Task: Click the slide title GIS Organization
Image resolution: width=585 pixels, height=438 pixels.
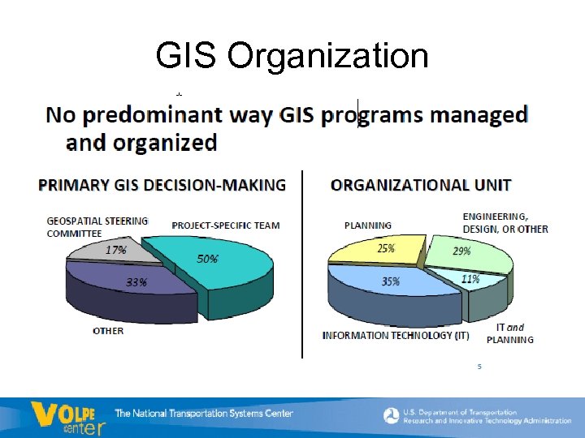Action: click(292, 56)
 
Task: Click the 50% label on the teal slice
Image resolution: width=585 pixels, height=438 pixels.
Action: click(207, 259)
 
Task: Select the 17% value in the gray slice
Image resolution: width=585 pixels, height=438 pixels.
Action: click(116, 251)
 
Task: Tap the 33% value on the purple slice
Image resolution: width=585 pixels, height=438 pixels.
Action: click(136, 283)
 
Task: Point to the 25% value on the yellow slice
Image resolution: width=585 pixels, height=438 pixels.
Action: click(387, 249)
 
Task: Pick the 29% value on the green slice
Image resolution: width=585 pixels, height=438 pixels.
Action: click(461, 251)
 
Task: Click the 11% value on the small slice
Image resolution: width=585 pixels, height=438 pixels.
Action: click(470, 279)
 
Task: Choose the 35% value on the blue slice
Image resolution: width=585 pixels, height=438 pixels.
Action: click(390, 281)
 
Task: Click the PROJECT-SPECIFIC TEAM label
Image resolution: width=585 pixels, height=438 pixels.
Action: click(225, 225)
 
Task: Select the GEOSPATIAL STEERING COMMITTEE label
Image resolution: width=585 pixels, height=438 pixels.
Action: click(97, 226)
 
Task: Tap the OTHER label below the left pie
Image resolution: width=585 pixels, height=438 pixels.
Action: click(108, 331)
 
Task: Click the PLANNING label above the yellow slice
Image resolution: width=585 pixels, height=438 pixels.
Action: click(367, 225)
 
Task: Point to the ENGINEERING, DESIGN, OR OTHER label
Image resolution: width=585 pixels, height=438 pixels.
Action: click(505, 223)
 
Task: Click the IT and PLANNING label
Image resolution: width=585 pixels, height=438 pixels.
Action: click(514, 333)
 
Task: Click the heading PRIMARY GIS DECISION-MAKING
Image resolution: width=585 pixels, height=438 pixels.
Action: click(162, 185)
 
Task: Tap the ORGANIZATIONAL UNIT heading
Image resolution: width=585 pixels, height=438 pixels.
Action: click(420, 185)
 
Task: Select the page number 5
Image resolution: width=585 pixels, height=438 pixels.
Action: click(479, 367)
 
